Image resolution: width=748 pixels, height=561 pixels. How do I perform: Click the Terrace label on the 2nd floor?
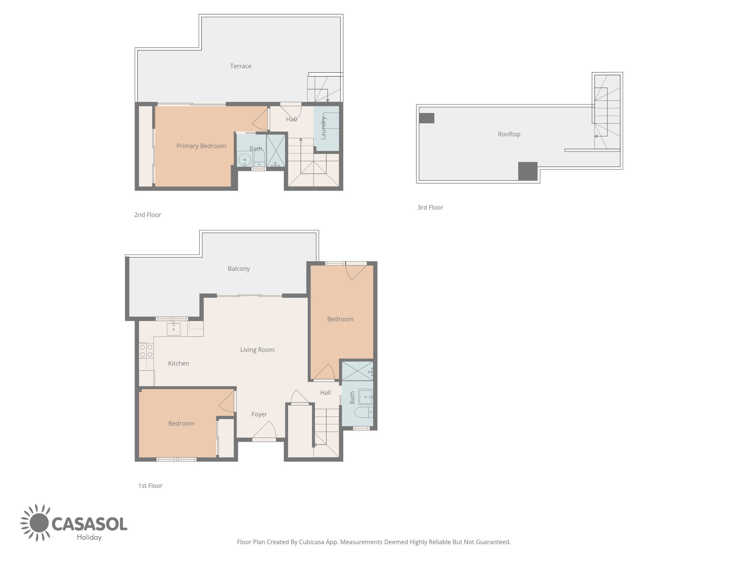coord(241,66)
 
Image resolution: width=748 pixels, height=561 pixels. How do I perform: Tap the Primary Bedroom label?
coord(201,146)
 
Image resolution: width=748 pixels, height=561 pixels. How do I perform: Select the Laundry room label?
coord(323,128)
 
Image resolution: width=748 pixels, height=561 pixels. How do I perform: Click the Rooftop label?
coord(509,134)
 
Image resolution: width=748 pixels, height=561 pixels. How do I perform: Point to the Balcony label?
coord(239,269)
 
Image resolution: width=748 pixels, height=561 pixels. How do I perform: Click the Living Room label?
coord(257,350)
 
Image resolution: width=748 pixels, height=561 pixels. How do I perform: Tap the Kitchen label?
coord(179,363)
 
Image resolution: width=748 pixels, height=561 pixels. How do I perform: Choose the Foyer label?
coord(259,415)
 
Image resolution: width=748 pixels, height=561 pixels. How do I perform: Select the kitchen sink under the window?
coord(173,329)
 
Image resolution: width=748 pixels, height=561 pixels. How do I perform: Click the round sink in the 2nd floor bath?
coord(244,160)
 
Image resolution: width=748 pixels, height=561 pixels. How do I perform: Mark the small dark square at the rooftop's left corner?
coord(427,118)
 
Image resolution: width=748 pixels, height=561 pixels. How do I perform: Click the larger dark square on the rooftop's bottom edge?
coord(528,171)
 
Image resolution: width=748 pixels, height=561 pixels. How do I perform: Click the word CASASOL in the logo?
coord(89,524)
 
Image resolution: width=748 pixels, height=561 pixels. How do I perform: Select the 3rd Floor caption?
coord(430,207)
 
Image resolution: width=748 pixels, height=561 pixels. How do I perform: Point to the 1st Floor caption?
coord(150,486)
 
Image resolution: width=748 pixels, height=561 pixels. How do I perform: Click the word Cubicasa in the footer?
coord(312,542)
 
